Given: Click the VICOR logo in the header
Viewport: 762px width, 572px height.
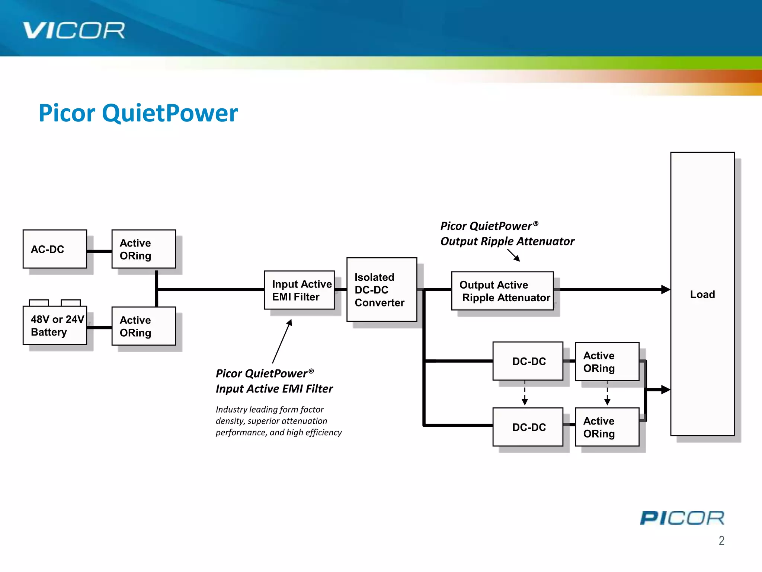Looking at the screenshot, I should (74, 31).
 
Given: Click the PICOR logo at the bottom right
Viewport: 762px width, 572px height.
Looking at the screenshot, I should (682, 518).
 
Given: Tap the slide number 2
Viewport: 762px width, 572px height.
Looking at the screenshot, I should (721, 541).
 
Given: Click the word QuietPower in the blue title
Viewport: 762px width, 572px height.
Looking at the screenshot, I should (170, 113).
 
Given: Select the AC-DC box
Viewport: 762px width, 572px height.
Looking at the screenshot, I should (55, 249).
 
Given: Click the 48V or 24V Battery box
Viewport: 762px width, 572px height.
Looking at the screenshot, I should (55, 325).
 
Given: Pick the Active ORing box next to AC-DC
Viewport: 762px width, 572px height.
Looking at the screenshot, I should (144, 249).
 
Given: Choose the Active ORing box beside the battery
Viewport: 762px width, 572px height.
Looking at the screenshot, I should (144, 326).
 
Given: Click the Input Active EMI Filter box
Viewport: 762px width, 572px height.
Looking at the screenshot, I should (299, 290).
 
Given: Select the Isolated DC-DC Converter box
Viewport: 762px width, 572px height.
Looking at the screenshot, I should (381, 290).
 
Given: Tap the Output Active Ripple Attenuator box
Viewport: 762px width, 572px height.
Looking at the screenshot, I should (502, 291).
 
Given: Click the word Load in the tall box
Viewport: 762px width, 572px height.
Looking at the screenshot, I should (702, 295).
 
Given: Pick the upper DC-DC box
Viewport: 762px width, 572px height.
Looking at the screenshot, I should (528, 361).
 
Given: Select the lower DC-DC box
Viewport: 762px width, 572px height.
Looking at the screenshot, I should (528, 427).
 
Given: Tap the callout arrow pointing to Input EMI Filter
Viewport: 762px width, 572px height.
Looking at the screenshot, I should (282, 341).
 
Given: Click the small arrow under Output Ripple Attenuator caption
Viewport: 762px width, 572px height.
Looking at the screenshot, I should (514, 255).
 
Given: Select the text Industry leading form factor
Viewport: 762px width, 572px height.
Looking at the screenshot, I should (269, 410).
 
